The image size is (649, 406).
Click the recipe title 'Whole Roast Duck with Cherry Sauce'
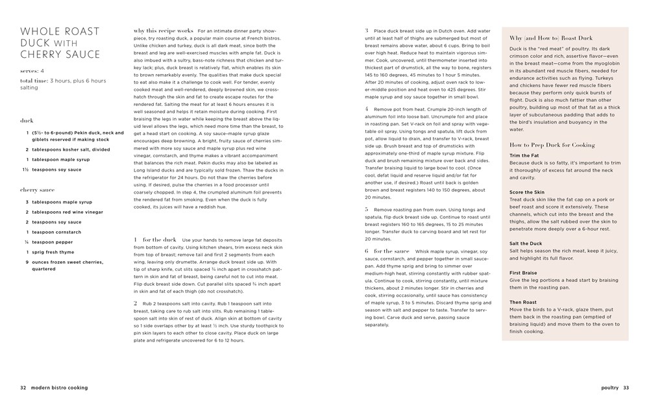60,43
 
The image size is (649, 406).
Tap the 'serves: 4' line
32,70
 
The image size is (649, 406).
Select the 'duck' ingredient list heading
27,120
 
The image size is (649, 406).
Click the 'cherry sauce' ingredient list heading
37,190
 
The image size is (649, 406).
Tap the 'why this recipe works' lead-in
163,31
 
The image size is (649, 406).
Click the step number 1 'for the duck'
136,240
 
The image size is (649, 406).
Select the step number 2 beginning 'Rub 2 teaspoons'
136,303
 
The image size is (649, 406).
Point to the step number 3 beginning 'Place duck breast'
367,31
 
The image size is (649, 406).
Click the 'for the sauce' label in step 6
391,251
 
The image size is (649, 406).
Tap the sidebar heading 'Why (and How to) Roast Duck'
550,38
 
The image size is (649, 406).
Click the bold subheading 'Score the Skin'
527,192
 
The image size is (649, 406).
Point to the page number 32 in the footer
23,388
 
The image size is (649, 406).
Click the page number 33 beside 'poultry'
626,388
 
